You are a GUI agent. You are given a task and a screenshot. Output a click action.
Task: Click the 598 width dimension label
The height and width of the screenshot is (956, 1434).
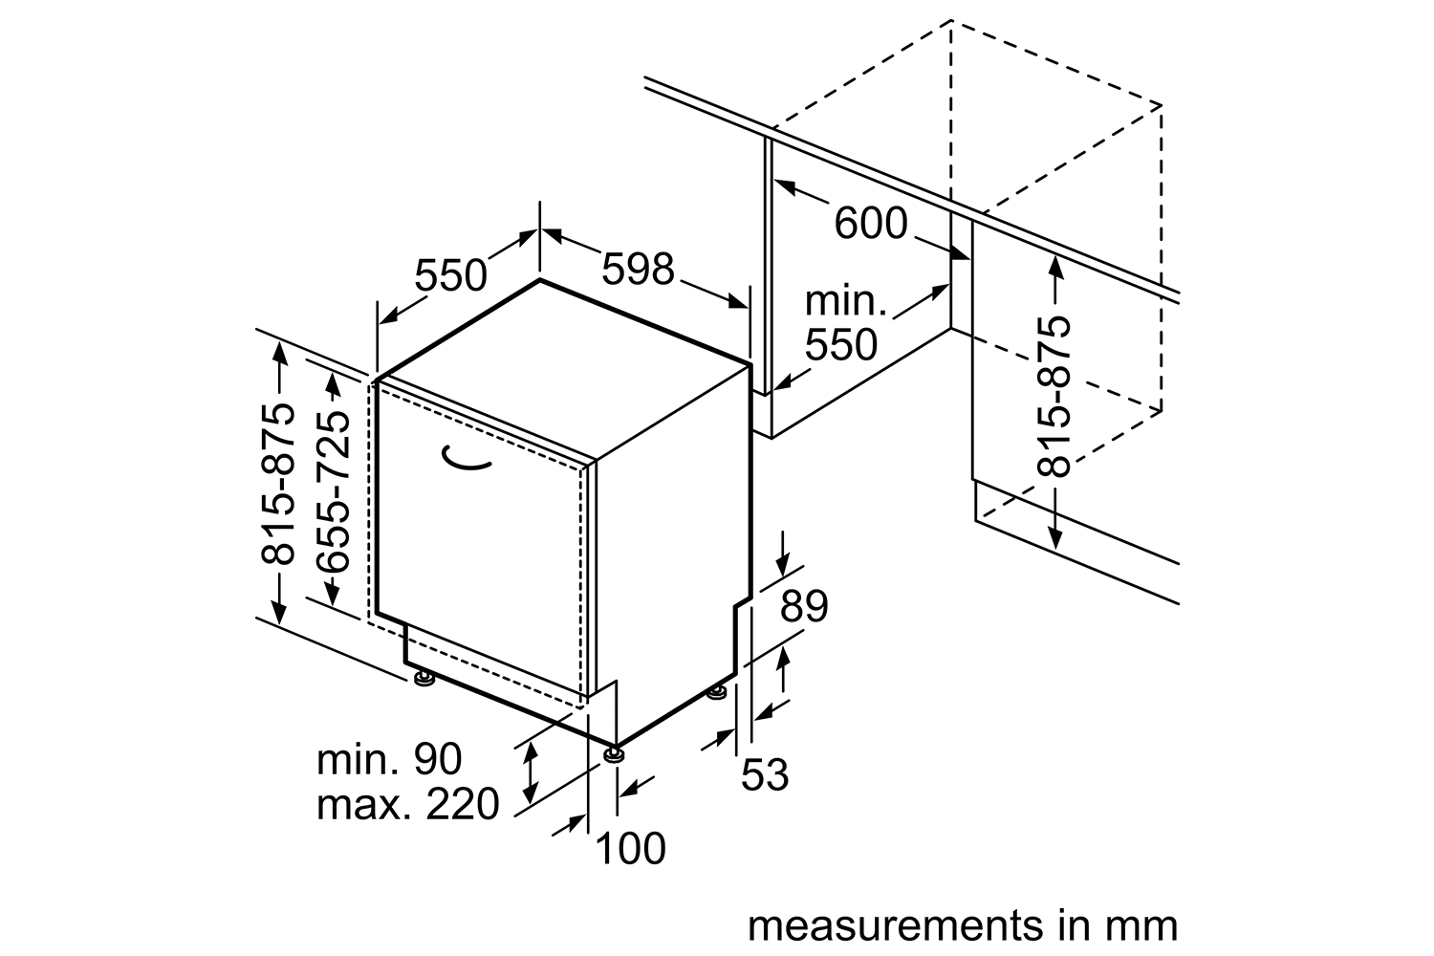(x=638, y=270)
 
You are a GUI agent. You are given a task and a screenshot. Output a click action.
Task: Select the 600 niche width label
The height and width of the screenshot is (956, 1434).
(x=870, y=224)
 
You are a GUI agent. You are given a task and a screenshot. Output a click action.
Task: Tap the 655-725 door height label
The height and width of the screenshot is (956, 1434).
(x=333, y=493)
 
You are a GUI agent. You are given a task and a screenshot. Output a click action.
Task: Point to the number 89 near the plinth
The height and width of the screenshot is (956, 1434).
(x=803, y=606)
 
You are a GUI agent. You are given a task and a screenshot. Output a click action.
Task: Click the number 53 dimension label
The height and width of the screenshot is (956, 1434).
(x=767, y=774)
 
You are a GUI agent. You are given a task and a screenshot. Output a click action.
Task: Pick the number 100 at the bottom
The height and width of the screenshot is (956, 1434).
(x=630, y=848)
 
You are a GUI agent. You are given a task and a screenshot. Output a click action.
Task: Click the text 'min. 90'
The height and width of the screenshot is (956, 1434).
(x=389, y=759)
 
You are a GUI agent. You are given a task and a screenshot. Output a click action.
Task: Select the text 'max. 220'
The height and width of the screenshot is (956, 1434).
(x=407, y=804)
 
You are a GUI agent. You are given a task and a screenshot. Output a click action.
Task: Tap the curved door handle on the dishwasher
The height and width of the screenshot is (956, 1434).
(x=467, y=461)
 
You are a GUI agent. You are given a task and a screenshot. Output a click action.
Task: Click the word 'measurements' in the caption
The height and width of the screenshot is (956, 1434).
(x=880, y=926)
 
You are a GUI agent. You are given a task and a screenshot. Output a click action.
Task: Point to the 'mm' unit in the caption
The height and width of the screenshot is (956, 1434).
(x=1143, y=926)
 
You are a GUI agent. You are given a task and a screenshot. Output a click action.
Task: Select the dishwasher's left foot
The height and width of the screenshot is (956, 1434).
(x=423, y=678)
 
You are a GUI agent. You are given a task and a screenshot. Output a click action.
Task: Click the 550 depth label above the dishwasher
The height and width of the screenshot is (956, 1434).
(x=451, y=275)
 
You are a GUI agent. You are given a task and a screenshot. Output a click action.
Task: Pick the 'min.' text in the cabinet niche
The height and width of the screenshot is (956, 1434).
(x=846, y=301)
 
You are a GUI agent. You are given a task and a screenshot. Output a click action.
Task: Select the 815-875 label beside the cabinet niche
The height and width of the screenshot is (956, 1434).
(x=1054, y=396)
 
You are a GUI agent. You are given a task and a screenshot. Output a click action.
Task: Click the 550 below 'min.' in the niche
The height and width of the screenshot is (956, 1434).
(x=840, y=345)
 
